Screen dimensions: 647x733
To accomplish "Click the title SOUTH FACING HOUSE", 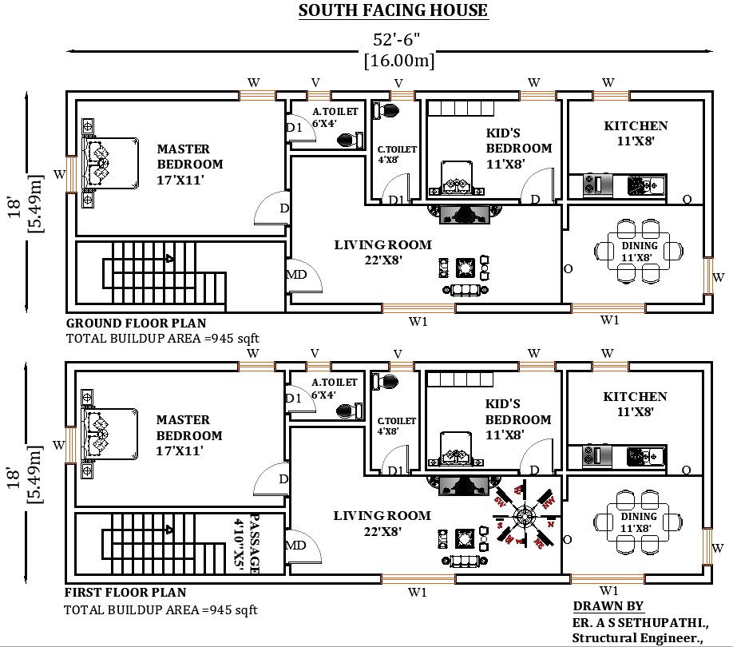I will tap(392, 10).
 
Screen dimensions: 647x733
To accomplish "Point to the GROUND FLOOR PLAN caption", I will tap(136, 323).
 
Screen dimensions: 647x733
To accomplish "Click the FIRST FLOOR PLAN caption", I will tap(125, 593).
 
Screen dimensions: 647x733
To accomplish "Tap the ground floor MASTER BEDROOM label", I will tap(189, 164).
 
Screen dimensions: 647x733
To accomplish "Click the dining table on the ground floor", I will tap(639, 251).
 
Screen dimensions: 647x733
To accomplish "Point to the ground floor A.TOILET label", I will tap(335, 117).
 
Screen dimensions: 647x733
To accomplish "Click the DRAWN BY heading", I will tap(608, 606).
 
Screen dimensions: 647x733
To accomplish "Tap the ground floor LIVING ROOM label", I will tap(382, 252).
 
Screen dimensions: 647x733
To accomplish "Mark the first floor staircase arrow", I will tap(169, 529).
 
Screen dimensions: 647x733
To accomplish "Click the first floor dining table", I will tap(639, 522).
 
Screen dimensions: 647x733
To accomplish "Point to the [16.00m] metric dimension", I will tap(398, 61).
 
